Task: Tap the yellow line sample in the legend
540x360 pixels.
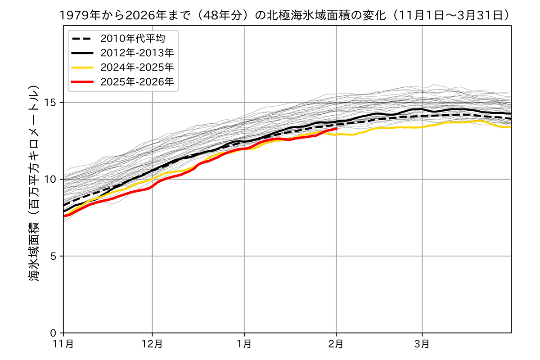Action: [x=83, y=67]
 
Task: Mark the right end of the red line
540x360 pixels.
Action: [x=337, y=129]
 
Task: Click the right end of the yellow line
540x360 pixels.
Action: [x=511, y=127]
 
